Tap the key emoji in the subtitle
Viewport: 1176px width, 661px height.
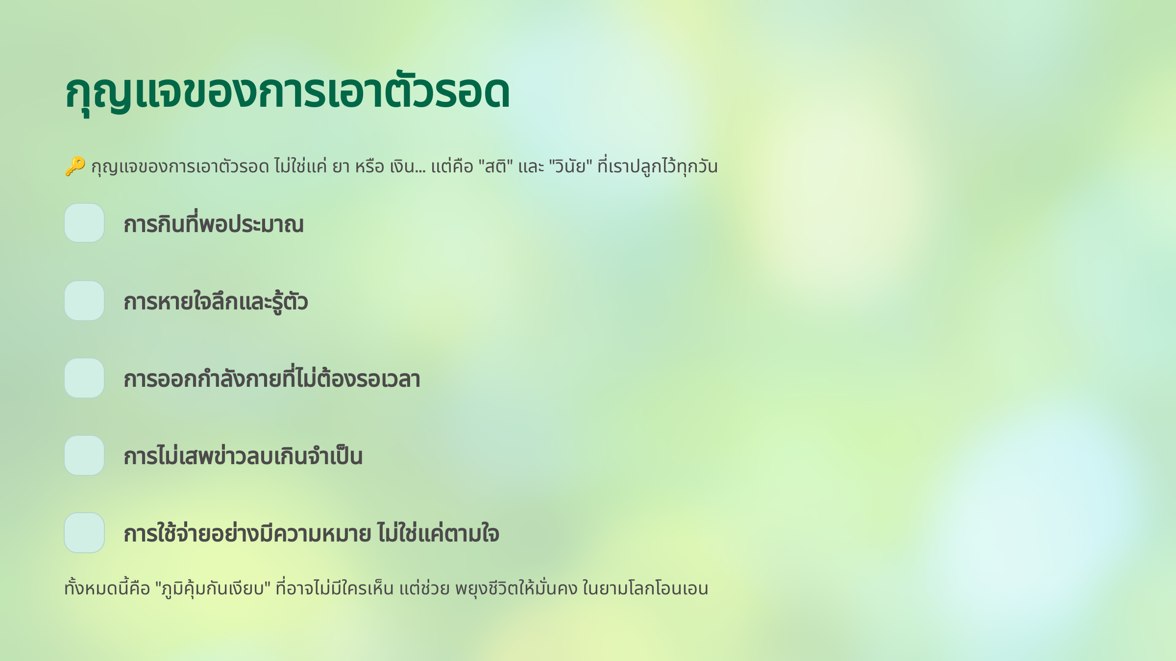pyautogui.click(x=75, y=166)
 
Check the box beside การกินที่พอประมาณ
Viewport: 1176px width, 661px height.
pyautogui.click(x=84, y=223)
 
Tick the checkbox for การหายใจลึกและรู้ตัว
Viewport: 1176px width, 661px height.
pyautogui.click(x=84, y=301)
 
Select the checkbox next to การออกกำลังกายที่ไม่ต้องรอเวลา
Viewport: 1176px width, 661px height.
pyautogui.click(x=84, y=378)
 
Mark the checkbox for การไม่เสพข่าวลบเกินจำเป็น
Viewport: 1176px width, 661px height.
pyautogui.click(x=84, y=455)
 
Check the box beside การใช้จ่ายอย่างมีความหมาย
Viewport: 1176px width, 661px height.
pyautogui.click(x=84, y=533)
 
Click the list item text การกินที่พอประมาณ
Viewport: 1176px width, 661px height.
pyautogui.click(x=214, y=224)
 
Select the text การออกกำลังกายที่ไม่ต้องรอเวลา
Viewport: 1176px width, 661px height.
pyautogui.click(x=272, y=378)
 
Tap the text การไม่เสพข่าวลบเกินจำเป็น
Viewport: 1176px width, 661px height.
pyautogui.click(x=243, y=456)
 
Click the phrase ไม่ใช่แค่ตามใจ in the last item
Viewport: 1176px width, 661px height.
pyautogui.click(x=439, y=533)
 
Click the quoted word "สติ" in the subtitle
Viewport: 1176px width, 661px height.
pyautogui.click(x=495, y=166)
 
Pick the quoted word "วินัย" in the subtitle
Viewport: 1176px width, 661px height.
pyautogui.click(x=571, y=166)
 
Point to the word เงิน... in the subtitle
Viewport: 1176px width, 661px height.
pyautogui.click(x=408, y=167)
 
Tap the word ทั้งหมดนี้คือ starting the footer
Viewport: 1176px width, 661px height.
pyautogui.click(x=107, y=588)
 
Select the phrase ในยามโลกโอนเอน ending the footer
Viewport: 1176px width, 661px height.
pyautogui.click(x=645, y=588)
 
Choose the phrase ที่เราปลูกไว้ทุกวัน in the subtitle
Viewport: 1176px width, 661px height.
pyautogui.click(x=658, y=166)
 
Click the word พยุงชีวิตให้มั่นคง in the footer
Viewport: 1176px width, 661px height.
pyautogui.click(x=516, y=588)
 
